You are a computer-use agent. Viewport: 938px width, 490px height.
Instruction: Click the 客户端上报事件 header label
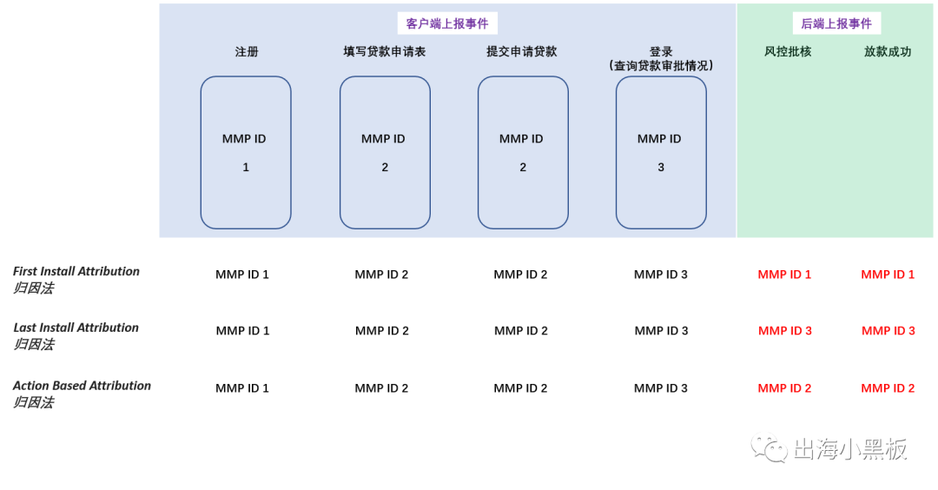pyautogui.click(x=447, y=23)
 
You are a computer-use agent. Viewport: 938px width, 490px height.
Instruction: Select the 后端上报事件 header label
pyautogui.click(x=836, y=23)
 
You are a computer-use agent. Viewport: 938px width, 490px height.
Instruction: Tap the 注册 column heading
pyautogui.click(x=247, y=52)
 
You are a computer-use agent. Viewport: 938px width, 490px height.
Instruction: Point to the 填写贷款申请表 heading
pyautogui.click(x=385, y=52)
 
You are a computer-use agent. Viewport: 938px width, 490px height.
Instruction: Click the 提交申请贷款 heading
pyautogui.click(x=522, y=52)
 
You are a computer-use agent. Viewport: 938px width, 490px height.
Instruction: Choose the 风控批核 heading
pyautogui.click(x=788, y=52)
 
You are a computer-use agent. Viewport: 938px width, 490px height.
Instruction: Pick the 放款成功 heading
pyautogui.click(x=888, y=52)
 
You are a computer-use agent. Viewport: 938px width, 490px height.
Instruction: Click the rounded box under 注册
pyautogui.click(x=246, y=152)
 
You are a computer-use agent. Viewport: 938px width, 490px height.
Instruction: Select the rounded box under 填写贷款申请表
pyautogui.click(x=385, y=152)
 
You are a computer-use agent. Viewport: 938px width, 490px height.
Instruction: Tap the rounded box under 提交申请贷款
pyautogui.click(x=523, y=152)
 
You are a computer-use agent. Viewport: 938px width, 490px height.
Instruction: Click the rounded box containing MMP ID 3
pyautogui.click(x=661, y=152)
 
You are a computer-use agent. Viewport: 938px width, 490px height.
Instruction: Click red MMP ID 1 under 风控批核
pyautogui.click(x=784, y=275)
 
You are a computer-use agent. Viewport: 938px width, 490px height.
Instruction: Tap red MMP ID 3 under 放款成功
pyautogui.click(x=888, y=331)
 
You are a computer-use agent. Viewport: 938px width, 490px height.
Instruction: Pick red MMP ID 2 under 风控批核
pyautogui.click(x=784, y=388)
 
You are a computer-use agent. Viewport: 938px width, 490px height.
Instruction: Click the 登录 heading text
pyautogui.click(x=661, y=52)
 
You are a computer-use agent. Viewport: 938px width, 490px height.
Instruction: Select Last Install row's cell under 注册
pyautogui.click(x=243, y=331)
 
